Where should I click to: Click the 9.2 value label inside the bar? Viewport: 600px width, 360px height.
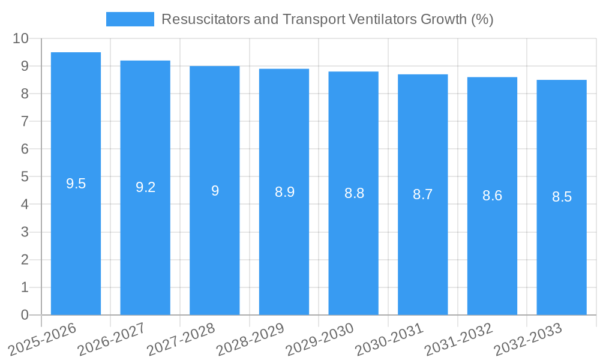(145, 187)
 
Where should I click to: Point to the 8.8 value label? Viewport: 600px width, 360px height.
(354, 193)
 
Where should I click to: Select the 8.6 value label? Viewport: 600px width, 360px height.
(492, 196)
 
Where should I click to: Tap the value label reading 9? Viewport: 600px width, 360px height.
(215, 191)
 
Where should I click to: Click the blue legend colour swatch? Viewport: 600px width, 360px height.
(130, 19)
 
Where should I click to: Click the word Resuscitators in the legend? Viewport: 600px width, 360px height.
(200, 19)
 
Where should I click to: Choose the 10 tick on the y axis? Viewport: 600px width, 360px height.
(21, 38)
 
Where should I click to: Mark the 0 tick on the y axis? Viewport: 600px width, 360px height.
(25, 315)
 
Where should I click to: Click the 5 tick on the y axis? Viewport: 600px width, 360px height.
(25, 176)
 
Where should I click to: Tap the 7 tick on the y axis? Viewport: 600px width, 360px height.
(25, 121)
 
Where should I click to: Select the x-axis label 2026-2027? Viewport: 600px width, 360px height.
(112, 338)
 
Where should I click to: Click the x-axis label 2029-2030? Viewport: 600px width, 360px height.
(319, 338)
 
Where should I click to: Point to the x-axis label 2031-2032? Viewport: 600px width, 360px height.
(458, 338)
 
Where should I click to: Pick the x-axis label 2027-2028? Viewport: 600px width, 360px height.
(181, 338)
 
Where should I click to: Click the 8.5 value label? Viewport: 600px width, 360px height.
(562, 197)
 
